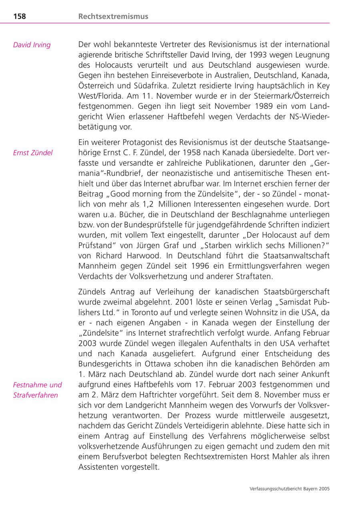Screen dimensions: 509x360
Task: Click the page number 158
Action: tap(20, 16)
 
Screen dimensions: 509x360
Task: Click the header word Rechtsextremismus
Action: tap(113, 16)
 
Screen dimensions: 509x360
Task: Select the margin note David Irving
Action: tap(32, 45)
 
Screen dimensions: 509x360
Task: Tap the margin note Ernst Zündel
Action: tap(33, 152)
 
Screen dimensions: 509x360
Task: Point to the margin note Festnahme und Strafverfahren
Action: tap(38, 390)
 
